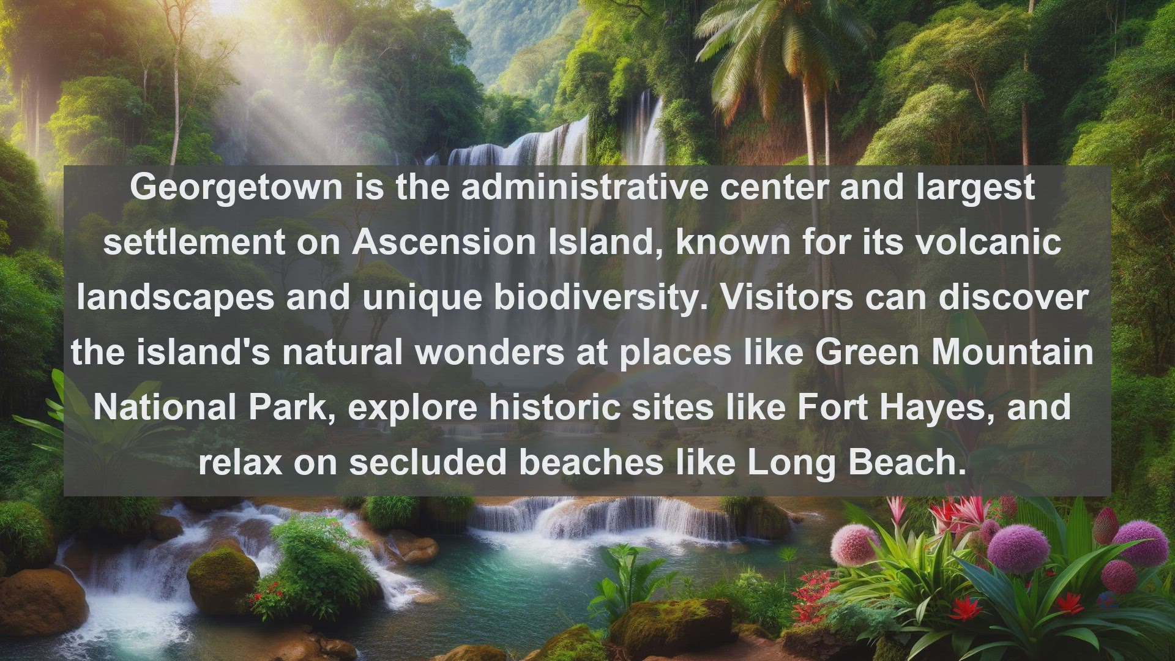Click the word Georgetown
point(236,188)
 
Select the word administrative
point(584,187)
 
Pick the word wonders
point(490,353)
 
